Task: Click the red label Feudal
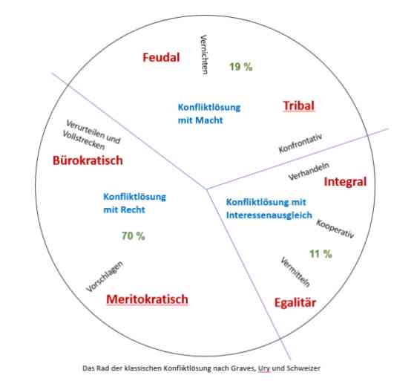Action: pos(161,57)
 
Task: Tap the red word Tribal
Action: pos(299,105)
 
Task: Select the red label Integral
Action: pos(345,182)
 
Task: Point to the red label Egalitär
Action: pos(295,303)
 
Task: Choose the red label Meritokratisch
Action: pos(148,299)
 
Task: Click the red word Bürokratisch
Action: pos(88,160)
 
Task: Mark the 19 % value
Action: pos(241,67)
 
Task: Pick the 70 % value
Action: pos(134,236)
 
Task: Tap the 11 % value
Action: pos(321,254)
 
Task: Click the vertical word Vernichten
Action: pos(204,54)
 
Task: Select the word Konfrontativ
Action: pos(300,143)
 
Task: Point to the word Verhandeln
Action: pos(309,171)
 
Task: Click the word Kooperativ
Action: pos(335,229)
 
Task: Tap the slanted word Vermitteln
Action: pos(295,272)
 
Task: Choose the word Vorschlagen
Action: pos(105,276)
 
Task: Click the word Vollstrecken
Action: pos(84,140)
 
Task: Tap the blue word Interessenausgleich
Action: pos(269,215)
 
